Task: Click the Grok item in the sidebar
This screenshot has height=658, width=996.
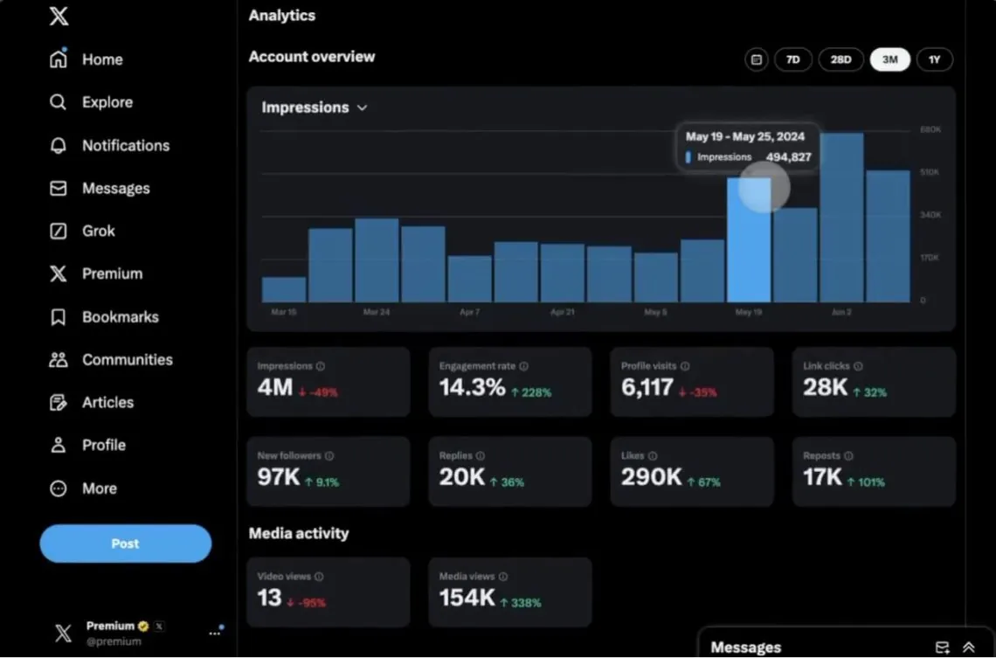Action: [x=98, y=232]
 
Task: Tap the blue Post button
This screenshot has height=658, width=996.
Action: [x=125, y=544]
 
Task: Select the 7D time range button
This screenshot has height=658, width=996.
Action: [x=792, y=60]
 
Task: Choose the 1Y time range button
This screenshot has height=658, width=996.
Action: [x=934, y=60]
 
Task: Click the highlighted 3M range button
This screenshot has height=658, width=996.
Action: [x=889, y=60]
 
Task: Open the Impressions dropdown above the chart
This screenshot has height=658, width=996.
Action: [x=315, y=107]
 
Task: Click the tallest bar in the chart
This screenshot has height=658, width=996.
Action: [x=841, y=218]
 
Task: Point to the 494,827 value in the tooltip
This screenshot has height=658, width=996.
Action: [x=788, y=157]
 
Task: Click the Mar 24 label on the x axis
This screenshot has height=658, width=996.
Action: [x=377, y=312]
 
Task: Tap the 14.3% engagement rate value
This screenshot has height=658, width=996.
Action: [x=472, y=388]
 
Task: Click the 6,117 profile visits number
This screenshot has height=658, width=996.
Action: [x=647, y=388]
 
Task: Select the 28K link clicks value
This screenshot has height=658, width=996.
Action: [x=825, y=388]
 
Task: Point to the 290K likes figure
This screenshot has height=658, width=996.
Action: [x=651, y=477]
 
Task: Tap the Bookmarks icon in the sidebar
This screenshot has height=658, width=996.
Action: [x=59, y=317]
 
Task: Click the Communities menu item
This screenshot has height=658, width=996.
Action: [x=127, y=360]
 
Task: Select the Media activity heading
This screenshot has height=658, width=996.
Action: [x=299, y=533]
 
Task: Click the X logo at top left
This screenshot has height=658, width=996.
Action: [x=59, y=16]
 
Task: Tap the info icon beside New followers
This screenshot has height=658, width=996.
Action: [x=329, y=456]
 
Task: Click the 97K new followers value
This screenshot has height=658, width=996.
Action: [x=278, y=477]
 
